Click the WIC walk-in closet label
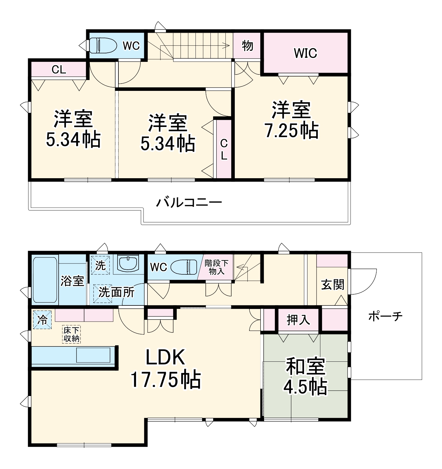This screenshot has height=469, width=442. pos(305,53)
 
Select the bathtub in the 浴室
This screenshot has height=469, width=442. pos(45,280)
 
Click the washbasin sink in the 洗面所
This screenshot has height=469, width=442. pos(128,263)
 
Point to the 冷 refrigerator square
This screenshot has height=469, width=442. pos(42,320)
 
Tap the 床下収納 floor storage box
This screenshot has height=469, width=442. pos(72,334)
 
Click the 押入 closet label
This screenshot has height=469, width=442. pos(298,320)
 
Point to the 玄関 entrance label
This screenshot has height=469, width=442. pos(332,285)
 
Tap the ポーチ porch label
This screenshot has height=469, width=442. pos(385,316)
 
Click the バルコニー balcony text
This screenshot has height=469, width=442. pos(189,203)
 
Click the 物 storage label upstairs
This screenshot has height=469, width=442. pos(247,46)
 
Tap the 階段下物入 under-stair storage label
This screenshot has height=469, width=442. pos(216,267)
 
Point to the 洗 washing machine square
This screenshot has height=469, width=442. pos(100,266)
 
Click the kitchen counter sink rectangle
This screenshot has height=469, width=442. pos(93,355)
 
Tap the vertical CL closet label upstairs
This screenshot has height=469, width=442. pos(224,149)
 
